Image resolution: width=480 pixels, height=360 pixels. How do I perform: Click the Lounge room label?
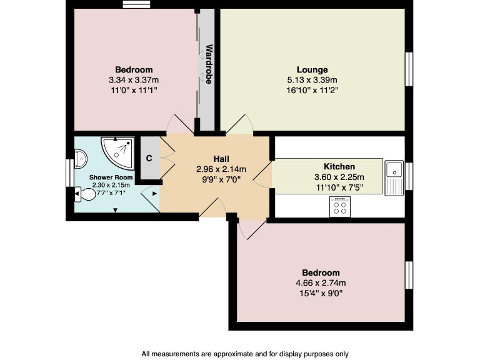(312, 69)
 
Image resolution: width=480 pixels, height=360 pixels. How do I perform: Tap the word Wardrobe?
(210, 64)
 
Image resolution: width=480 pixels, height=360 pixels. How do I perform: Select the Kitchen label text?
(339, 166)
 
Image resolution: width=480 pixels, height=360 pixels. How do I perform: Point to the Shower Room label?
(111, 177)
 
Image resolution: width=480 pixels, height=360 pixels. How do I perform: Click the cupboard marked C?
(149, 158)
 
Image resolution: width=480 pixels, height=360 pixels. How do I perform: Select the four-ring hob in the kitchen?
(341, 207)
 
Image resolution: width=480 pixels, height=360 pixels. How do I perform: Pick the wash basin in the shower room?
(81, 159)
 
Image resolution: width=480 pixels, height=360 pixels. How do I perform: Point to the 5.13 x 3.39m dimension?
(312, 79)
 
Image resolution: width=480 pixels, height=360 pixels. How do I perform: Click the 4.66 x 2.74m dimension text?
(321, 282)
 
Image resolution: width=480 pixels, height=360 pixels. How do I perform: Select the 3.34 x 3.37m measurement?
(134, 79)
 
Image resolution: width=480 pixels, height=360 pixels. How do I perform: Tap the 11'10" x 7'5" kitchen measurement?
(339, 186)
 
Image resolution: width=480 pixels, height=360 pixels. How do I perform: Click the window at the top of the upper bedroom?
(137, 6)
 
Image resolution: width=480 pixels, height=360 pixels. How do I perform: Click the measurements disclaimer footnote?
(240, 353)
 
